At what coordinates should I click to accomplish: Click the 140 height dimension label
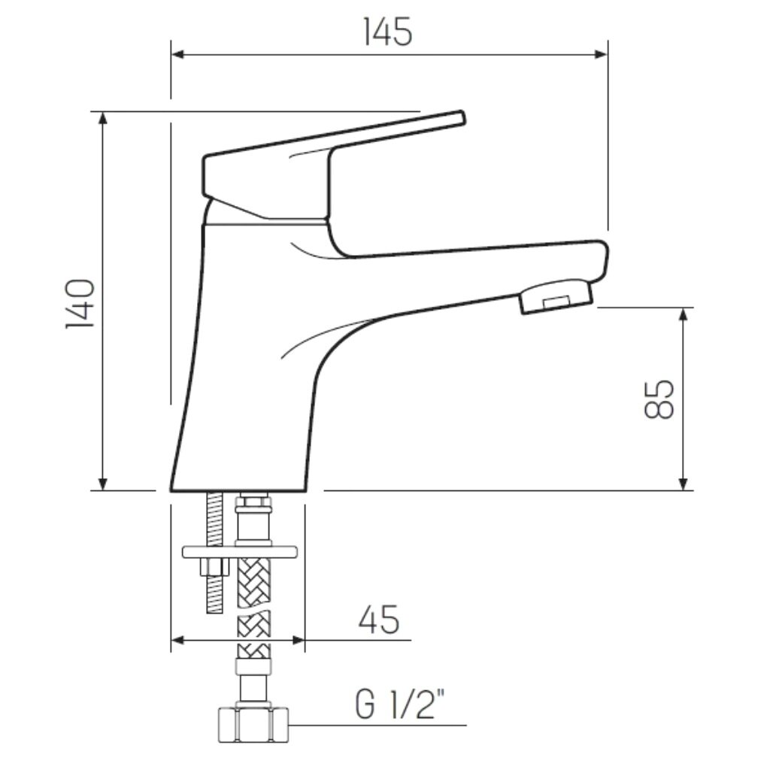(80, 303)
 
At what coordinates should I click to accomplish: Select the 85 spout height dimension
(659, 399)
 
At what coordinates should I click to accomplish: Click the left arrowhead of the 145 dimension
(178, 54)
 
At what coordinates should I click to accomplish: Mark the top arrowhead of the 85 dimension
(683, 314)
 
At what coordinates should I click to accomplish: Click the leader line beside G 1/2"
(376, 726)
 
